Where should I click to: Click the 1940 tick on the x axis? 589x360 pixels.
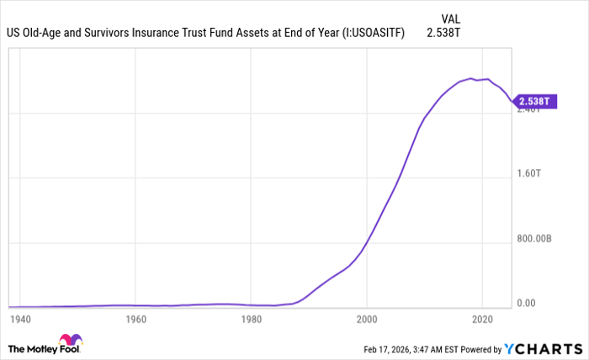click(x=19, y=320)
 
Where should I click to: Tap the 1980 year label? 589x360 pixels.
click(x=250, y=320)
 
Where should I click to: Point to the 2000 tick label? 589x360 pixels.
click(x=366, y=320)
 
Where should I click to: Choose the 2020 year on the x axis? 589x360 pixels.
click(x=482, y=320)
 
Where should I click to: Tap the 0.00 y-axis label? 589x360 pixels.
click(x=527, y=303)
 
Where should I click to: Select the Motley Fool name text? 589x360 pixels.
click(x=33, y=348)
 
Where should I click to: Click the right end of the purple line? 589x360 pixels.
click(x=511, y=102)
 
